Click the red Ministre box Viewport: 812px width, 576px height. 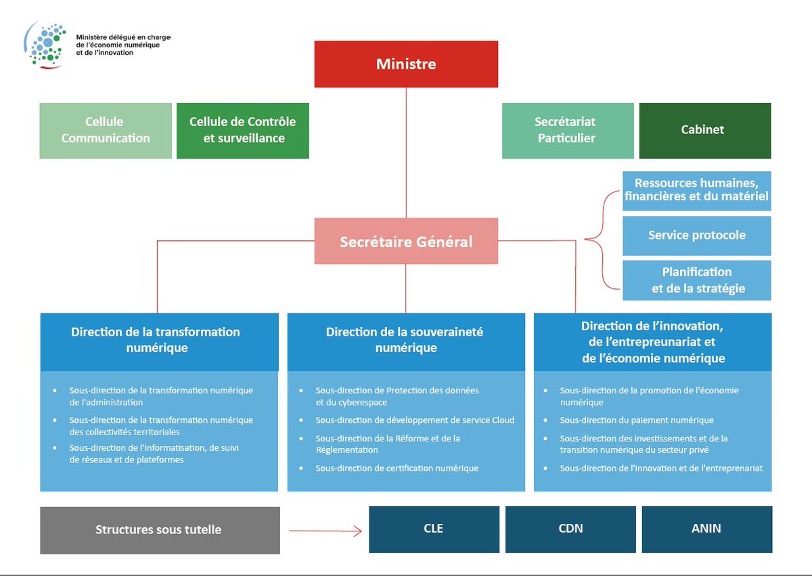tap(406, 64)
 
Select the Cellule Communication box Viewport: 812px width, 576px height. tap(106, 130)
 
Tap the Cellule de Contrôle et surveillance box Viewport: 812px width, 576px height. tap(242, 130)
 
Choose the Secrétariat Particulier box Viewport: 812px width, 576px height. tap(567, 130)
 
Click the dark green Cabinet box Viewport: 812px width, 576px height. tap(702, 130)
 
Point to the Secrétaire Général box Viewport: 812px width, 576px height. tap(406, 241)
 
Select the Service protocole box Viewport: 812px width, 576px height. tap(696, 236)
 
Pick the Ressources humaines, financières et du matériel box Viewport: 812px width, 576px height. tap(696, 190)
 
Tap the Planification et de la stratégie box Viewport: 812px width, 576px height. tap(696, 280)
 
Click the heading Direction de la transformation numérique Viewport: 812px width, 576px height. tap(156, 340)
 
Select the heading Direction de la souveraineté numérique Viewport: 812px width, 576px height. tap(405, 340)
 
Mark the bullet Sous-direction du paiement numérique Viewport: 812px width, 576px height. tap(636, 420)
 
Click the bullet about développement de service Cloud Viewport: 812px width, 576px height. tap(414, 420)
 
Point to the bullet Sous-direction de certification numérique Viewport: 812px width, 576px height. tap(397, 468)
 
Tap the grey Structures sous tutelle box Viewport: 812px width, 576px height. tap(159, 530)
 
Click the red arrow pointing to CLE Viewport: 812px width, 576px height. tap(325, 531)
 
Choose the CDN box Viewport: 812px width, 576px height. tap(570, 529)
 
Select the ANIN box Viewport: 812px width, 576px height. tap(706, 529)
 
